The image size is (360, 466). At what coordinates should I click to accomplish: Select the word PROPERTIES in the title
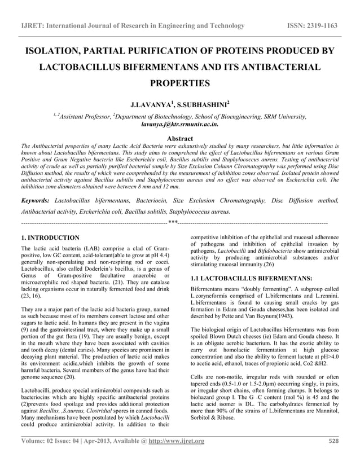[179, 83]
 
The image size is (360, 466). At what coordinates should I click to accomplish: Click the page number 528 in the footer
[334, 441]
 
